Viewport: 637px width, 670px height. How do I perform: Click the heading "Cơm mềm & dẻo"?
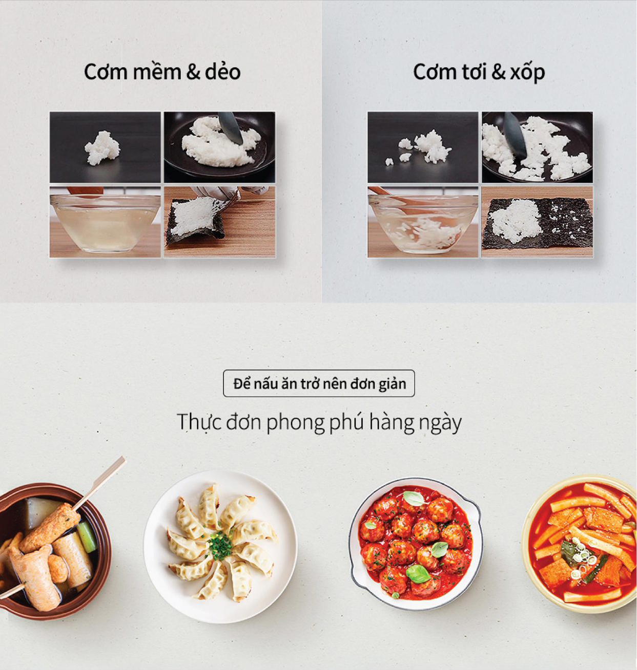[x=162, y=72]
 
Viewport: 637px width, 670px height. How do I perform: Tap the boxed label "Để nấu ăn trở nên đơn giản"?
[x=319, y=384]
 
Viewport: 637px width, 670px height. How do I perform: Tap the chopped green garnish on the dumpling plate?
[x=220, y=545]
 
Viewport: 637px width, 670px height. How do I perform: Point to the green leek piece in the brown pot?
[x=87, y=536]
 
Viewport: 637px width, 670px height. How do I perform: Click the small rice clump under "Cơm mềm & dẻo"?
[x=102, y=148]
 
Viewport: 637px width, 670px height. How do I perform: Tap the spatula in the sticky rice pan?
[x=231, y=127]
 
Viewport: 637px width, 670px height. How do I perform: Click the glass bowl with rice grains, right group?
[x=423, y=223]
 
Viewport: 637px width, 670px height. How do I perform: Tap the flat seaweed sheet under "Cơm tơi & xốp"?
[x=538, y=222]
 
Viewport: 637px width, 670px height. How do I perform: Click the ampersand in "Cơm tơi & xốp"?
[x=498, y=73]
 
